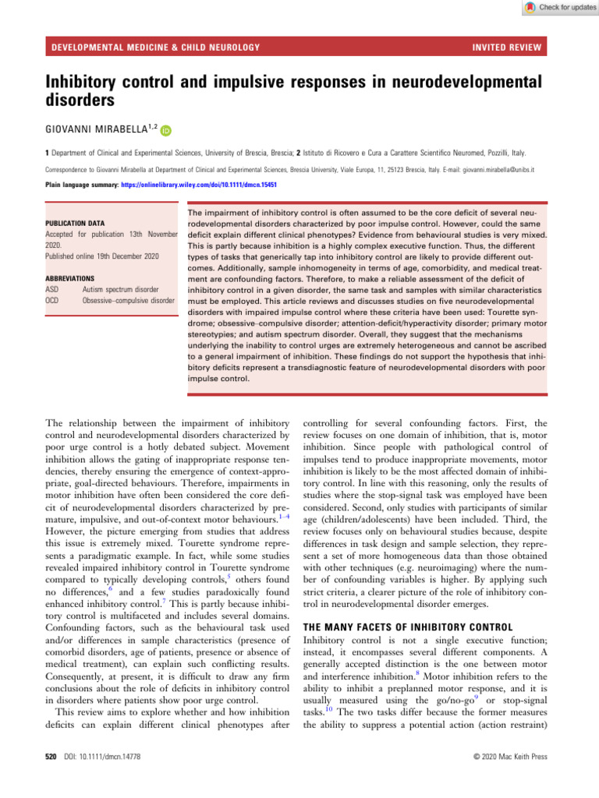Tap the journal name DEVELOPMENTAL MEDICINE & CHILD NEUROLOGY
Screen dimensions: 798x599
click(x=154, y=49)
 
